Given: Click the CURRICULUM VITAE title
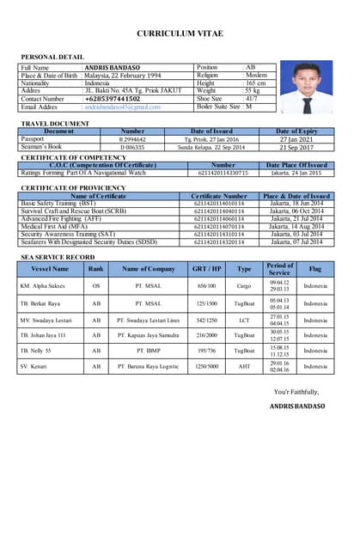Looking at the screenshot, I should pyautogui.click(x=180, y=34).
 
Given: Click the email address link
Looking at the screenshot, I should pyautogui.click(x=122, y=107).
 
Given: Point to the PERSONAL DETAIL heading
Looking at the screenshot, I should pyautogui.click(x=52, y=57).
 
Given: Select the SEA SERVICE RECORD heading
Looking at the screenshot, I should pyautogui.click(x=58, y=257).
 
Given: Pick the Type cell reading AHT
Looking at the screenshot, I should pyautogui.click(x=245, y=367).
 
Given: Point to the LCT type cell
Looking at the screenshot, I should pyautogui.click(x=245, y=318).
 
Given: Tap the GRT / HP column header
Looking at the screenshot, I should pyautogui.click(x=206, y=269).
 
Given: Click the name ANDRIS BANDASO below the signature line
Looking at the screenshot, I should pyautogui.click(x=297, y=406).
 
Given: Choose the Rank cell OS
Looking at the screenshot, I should pyautogui.click(x=95, y=285).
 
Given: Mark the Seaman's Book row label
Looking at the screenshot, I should pyautogui.click(x=40, y=147).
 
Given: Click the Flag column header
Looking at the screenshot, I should pyautogui.click(x=315, y=269).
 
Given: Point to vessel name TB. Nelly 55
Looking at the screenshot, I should pyautogui.click(x=36, y=351).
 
